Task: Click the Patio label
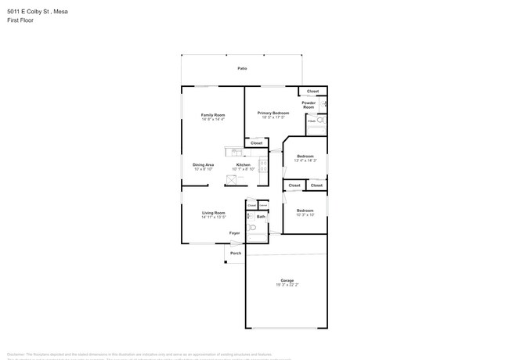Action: coord(242,69)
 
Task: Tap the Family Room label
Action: coord(213,115)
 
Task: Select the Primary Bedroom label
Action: coord(273,113)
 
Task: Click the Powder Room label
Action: coord(309,105)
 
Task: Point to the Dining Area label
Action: coord(203,165)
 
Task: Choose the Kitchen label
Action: coord(244,165)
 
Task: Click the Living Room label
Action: coord(213,213)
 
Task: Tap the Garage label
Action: coord(287,280)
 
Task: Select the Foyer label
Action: coord(234,233)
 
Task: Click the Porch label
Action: coord(235,253)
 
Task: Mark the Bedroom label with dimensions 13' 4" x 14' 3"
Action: coord(305,157)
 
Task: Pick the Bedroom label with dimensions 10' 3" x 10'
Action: coord(305,211)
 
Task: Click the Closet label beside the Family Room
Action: coord(256,143)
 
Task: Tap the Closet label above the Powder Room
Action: coord(312,92)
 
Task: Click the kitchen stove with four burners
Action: coord(263,165)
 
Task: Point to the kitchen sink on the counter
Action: coord(230,178)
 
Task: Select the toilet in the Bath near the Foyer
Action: coord(251,228)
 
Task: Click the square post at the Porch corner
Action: coord(226,261)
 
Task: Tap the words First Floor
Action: coord(20,20)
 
